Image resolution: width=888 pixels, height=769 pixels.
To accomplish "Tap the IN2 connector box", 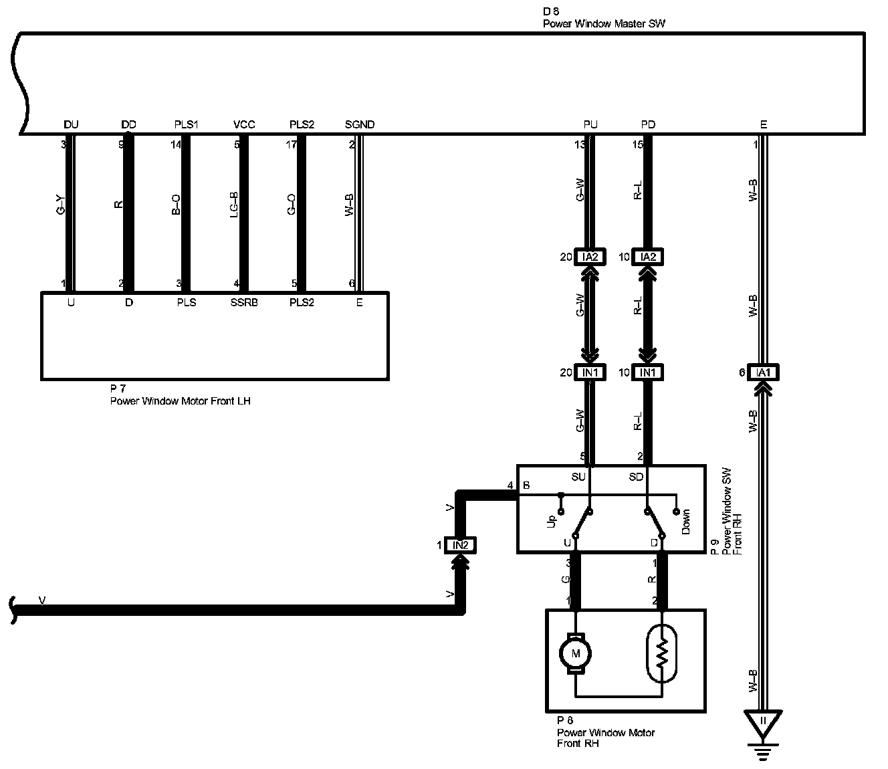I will point(461,545).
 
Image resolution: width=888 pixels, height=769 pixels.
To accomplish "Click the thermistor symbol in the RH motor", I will point(662,654).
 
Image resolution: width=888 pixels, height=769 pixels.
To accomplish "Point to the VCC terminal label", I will point(244,124).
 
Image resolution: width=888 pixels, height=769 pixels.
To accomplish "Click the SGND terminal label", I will point(360,124).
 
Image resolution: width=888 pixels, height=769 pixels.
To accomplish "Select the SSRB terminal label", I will point(244,303).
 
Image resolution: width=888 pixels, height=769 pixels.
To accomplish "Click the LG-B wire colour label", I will point(233,205).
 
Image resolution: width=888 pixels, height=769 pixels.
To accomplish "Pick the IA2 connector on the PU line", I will point(590,257).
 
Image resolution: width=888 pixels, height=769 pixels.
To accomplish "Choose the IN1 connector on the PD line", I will point(647,372).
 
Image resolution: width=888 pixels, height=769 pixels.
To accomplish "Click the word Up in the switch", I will point(552,521).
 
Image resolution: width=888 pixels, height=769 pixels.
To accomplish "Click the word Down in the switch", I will point(686,522).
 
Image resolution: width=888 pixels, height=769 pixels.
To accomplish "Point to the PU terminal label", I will point(590,124).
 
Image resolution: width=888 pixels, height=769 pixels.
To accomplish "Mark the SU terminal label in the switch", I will point(578,477).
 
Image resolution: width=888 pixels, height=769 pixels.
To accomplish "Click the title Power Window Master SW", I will point(604,23).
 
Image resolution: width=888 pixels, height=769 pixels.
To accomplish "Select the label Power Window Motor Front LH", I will point(180,401).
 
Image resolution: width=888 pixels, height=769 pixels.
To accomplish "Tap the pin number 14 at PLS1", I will point(176,144).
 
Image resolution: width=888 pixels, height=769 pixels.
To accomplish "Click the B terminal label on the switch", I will point(526,485).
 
